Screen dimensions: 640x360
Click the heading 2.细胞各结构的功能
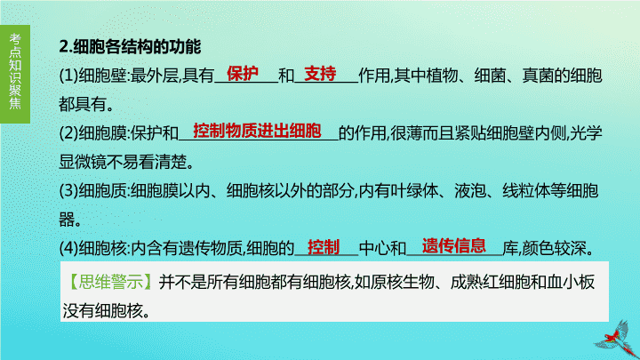[130, 46]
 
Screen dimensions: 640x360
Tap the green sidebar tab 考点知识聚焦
[15, 74]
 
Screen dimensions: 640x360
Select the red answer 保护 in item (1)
[243, 74]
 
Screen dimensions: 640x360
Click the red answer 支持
[320, 74]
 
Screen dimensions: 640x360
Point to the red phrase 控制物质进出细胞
[257, 131]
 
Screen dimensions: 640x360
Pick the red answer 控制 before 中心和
[324, 247]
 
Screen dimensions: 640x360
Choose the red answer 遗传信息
[454, 245]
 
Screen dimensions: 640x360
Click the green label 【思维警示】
[110, 282]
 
